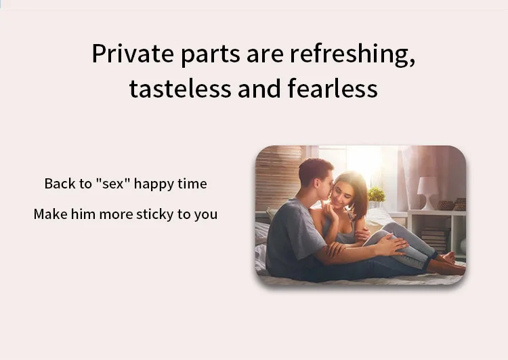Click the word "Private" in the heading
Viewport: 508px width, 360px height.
(133, 54)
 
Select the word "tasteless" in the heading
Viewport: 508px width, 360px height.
(180, 88)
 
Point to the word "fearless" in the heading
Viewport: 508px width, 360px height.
(333, 87)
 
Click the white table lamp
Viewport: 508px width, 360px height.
(427, 193)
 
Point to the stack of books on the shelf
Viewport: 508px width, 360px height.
(436, 239)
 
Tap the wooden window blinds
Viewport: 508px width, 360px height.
(278, 178)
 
